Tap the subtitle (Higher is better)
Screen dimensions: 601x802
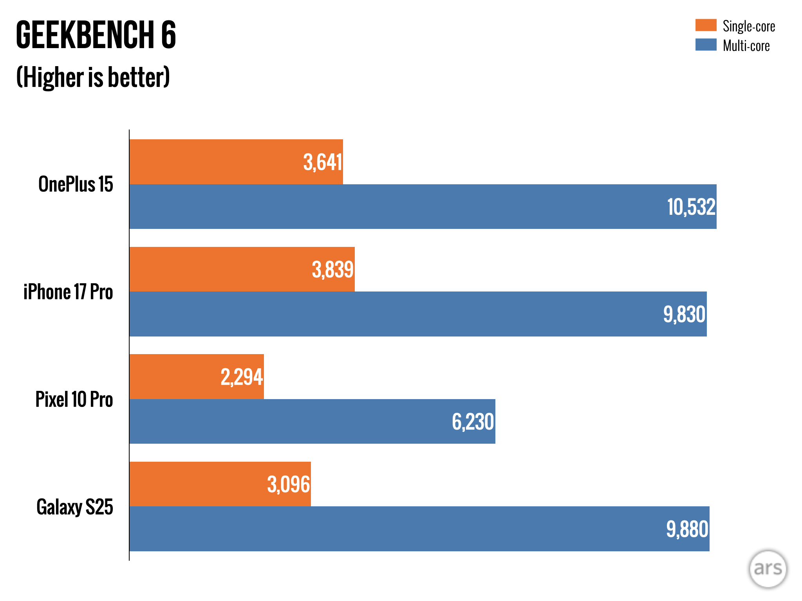93,77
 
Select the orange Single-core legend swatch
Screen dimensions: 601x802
706,25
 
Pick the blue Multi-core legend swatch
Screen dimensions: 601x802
706,45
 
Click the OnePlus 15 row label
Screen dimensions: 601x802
76,184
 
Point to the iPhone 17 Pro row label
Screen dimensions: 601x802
68,292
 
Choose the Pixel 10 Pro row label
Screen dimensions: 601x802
74,399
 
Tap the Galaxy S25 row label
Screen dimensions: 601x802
75,507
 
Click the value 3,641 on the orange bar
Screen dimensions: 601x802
323,162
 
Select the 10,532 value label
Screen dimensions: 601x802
691,207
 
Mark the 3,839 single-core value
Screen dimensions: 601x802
333,270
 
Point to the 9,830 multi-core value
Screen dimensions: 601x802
684,314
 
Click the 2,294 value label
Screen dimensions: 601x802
242,377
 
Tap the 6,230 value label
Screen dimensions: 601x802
473,422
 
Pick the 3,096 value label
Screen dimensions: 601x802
289,484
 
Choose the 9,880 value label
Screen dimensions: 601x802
687,529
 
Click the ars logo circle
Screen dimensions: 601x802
768,569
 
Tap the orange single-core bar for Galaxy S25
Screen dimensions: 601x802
196,484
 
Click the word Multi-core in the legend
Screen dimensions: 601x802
746,46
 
